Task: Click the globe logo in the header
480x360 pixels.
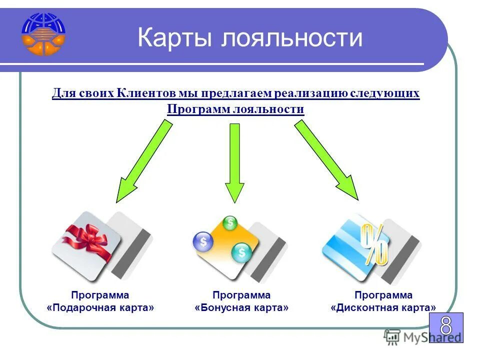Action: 43,34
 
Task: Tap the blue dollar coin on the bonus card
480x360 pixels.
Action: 203,242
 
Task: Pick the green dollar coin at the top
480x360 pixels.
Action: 230,223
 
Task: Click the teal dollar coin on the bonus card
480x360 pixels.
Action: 242,252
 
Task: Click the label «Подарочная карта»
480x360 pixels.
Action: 100,308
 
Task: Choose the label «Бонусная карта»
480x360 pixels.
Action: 241,308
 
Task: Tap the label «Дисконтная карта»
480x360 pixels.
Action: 383,308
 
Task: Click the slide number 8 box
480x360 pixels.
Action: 446,327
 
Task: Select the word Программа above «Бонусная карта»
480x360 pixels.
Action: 241,295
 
